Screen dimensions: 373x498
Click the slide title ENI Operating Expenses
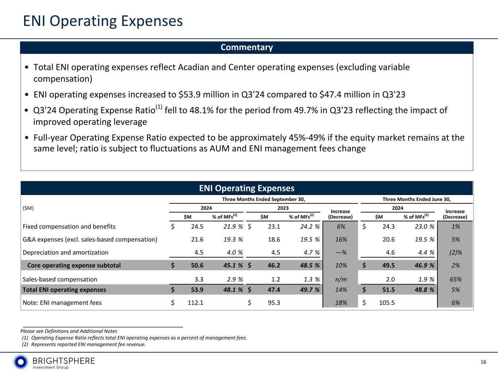coord(103,21)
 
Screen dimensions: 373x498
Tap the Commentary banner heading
coord(247,47)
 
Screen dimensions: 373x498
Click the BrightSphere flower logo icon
coord(21,362)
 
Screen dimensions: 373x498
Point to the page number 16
coord(483,362)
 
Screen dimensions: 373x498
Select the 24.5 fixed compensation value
coord(197,227)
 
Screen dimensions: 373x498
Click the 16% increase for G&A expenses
coord(341,240)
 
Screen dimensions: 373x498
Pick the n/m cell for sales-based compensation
coord(341,279)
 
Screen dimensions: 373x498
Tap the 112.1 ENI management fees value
coord(196,303)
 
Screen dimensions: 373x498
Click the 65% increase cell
coord(455,279)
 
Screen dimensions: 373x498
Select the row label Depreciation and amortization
coord(66,252)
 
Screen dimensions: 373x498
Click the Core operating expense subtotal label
coord(74,265)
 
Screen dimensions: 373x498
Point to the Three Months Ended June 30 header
coord(416,199)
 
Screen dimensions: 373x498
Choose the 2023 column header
coord(283,208)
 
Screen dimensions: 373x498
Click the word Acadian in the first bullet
coord(212,67)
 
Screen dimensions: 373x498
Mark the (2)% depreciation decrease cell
coord(455,252)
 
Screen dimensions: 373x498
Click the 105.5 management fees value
coord(387,303)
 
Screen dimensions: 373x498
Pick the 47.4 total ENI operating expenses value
coord(274,290)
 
